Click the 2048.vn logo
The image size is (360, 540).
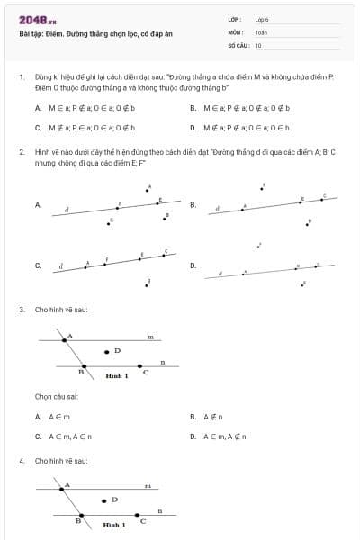coord(37,19)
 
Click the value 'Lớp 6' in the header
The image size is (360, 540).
coord(263,18)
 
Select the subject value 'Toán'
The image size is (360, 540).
coord(261,31)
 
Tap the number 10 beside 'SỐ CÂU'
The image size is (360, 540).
coord(258,45)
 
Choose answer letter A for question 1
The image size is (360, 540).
coord(39,107)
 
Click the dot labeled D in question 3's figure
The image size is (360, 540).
coord(106,351)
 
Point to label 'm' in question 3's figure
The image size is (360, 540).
coord(150,337)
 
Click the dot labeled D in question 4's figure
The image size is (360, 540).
coord(102,499)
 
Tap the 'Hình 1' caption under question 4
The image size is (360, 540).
coord(113,523)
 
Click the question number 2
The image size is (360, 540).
coord(21,153)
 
